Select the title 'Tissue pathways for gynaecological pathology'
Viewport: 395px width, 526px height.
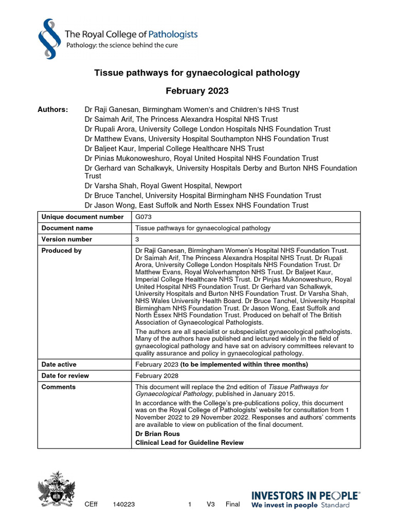[x=197, y=73]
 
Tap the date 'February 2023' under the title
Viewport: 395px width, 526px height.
[x=197, y=91]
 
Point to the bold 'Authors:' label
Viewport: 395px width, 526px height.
[x=52, y=109]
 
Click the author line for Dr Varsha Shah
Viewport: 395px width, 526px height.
[x=163, y=185]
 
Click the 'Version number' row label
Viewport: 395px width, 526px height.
[x=67, y=239]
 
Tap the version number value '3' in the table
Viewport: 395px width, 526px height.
[x=137, y=239]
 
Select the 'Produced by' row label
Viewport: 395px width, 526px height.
[x=61, y=251]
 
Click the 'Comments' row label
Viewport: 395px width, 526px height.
[x=58, y=387]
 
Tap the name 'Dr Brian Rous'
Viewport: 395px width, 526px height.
[x=157, y=434]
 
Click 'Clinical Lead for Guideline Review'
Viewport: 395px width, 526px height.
[x=189, y=443]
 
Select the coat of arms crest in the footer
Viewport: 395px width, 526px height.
[x=57, y=489]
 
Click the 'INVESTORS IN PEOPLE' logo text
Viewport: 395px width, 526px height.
[x=305, y=495]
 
